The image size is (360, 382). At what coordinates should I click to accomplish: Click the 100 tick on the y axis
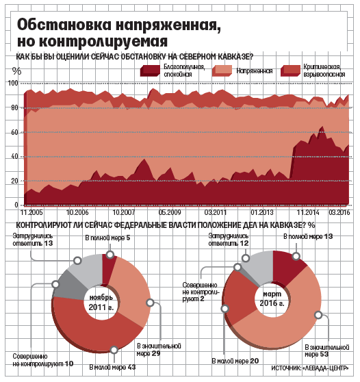tap(13, 84)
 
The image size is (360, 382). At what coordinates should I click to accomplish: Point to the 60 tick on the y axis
tap(14, 132)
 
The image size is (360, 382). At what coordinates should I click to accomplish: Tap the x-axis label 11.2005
tap(31, 212)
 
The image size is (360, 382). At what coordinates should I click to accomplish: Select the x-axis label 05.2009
tap(170, 212)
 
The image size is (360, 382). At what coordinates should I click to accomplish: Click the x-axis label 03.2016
tap(339, 212)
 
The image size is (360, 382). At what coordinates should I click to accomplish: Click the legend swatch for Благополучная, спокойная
tap(150, 71)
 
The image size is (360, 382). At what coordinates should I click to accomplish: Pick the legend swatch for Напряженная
tap(222, 71)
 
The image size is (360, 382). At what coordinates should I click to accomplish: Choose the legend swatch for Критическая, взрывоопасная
tap(290, 71)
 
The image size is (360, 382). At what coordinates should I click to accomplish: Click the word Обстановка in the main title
tap(64, 25)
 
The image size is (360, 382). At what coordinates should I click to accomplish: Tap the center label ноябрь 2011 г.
tap(101, 303)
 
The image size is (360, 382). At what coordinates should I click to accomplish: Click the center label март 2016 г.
tap(272, 298)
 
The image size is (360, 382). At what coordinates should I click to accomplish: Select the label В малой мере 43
tap(112, 367)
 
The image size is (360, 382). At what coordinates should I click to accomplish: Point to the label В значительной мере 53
tap(327, 351)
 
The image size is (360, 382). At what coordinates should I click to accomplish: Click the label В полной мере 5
tap(107, 238)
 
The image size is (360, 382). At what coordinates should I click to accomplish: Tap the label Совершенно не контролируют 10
tap(43, 360)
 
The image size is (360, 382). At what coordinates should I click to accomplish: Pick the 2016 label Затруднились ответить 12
tap(228, 240)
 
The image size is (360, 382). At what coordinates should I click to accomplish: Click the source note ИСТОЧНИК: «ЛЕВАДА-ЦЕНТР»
tap(310, 368)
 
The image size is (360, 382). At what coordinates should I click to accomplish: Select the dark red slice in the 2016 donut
tap(287, 267)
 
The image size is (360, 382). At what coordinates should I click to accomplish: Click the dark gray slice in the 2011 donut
tap(68, 285)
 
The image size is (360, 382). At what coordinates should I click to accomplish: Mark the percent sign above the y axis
tap(16, 71)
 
